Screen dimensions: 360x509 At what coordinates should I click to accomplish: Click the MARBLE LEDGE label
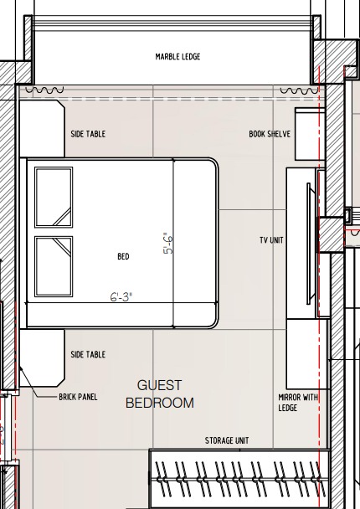[177, 57]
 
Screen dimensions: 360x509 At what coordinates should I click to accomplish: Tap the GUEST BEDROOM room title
[160, 394]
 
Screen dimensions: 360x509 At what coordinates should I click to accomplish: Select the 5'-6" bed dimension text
[168, 244]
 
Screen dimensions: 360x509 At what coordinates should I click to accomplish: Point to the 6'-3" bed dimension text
[121, 296]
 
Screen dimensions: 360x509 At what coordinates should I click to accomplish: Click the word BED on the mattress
[123, 256]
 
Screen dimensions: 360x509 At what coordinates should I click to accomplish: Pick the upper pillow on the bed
[54, 197]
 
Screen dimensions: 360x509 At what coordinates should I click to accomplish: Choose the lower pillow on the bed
[54, 266]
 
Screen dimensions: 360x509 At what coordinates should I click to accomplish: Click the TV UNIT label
[271, 240]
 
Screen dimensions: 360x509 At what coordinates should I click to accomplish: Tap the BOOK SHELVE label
[270, 134]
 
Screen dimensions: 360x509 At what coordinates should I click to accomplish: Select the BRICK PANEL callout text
[78, 397]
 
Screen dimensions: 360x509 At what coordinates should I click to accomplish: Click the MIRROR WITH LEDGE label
[298, 402]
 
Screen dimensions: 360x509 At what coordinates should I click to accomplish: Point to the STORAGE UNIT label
[227, 440]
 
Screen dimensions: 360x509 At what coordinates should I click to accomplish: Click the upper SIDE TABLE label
[88, 134]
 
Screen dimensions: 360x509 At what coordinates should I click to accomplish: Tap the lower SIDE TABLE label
[88, 354]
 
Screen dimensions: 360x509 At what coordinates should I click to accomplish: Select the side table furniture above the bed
[42, 129]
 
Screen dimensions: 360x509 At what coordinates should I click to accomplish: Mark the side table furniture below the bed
[42, 357]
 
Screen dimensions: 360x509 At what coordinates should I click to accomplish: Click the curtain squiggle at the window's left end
[44, 90]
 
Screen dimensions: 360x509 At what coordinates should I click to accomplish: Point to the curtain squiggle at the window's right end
[299, 90]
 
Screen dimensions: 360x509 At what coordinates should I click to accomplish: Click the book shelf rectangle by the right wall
[310, 134]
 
